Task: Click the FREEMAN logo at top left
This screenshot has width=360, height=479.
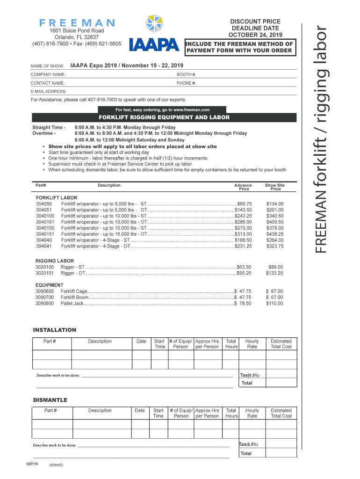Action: [77, 22]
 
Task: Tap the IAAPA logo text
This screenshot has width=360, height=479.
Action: [155, 44]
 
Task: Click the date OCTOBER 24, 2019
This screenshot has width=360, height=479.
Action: [255, 35]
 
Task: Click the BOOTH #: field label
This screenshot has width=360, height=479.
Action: [187, 75]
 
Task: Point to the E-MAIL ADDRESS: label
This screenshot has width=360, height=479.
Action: [48, 91]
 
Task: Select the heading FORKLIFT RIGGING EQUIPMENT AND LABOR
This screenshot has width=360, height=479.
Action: [164, 117]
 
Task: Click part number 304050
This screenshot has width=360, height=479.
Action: [44, 204]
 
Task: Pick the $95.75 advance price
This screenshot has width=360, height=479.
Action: [244, 204]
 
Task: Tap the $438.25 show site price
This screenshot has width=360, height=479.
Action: [274, 234]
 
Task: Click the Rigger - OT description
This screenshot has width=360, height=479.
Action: [73, 273]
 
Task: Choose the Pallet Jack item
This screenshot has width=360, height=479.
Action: [72, 303]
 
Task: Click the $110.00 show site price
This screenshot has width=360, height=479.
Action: [274, 303]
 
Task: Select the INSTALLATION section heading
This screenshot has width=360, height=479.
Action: [54, 330]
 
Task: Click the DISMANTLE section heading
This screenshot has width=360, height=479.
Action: [50, 400]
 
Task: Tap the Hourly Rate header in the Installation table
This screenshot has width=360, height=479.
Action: [252, 344]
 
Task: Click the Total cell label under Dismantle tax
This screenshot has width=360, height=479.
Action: [246, 453]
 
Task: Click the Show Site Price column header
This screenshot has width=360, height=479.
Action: [275, 187]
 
